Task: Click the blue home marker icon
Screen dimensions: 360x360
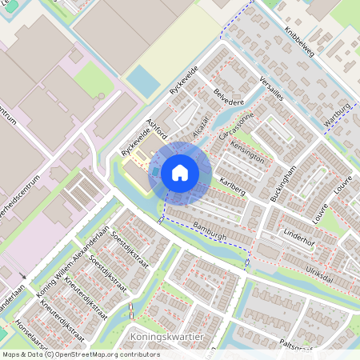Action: [x=180, y=173]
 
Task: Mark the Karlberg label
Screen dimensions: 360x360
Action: [x=231, y=188]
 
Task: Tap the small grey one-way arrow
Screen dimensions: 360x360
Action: [x=22, y=278]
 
